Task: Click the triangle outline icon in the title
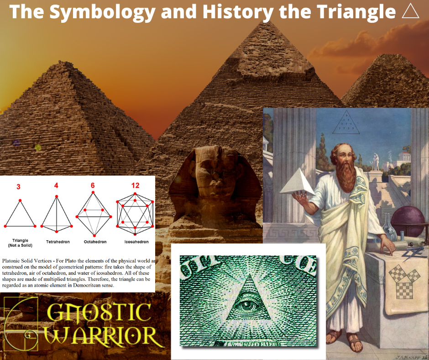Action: [x=410, y=11]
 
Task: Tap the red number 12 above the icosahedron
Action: [x=135, y=186]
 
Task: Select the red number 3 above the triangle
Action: [x=18, y=186]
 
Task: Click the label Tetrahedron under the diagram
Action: [x=57, y=241]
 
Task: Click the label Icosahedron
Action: [x=136, y=241]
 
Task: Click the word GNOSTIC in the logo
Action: [x=98, y=312]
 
